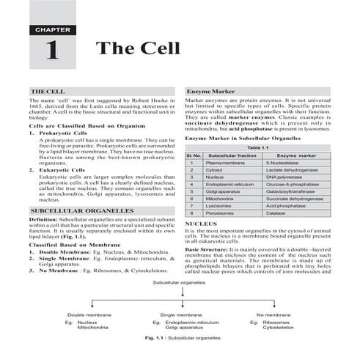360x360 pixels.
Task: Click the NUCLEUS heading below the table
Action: [201, 222]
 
